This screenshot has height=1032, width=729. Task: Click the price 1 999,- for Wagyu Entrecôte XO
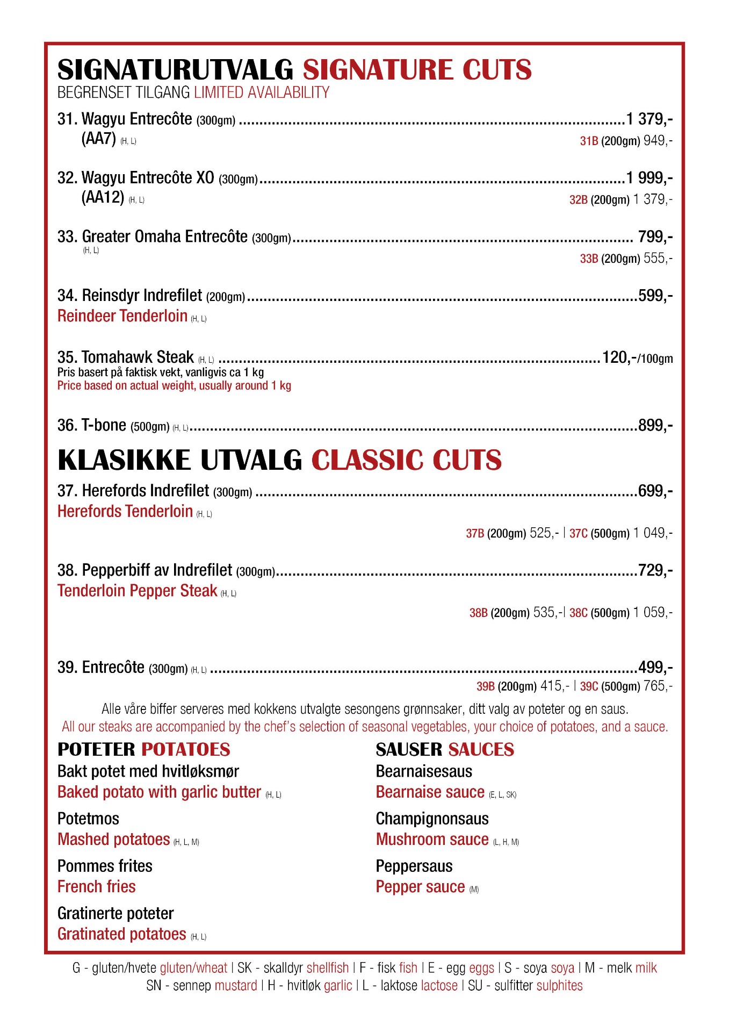tap(649, 177)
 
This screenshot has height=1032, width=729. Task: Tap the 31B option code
tap(589, 141)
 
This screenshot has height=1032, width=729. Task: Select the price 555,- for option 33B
tap(658, 259)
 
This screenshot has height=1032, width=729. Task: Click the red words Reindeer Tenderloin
tap(122, 316)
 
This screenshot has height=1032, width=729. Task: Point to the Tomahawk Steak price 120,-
tap(619, 357)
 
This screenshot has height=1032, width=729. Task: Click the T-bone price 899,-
tap(655, 426)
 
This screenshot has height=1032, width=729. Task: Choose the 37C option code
tap(578, 533)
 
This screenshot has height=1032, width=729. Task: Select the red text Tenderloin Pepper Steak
tap(137, 591)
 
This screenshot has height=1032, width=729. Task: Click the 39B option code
tap(485, 686)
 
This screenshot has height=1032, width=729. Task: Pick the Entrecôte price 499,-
tap(655, 668)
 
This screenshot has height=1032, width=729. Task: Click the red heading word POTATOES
tap(185, 749)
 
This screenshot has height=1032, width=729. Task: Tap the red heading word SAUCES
tap(481, 749)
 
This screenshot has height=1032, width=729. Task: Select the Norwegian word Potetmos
tap(88, 819)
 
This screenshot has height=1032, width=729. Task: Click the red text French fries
tap(97, 886)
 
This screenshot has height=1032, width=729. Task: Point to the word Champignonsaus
tap(432, 819)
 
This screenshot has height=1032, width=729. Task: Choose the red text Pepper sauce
tap(420, 886)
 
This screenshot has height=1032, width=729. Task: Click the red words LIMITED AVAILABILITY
tap(262, 92)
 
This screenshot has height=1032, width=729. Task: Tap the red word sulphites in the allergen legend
tap(559, 985)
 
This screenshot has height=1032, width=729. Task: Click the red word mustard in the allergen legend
tap(236, 985)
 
